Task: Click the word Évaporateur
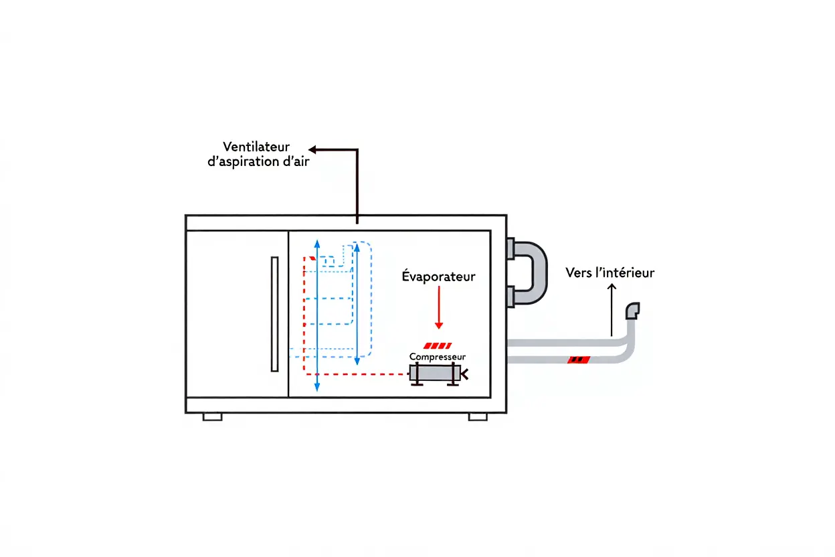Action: (x=438, y=276)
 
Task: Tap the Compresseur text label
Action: (x=438, y=357)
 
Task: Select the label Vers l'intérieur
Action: (x=610, y=272)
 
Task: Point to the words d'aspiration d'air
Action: (x=259, y=161)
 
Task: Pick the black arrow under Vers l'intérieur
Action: (x=611, y=308)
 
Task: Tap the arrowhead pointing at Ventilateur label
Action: (x=312, y=149)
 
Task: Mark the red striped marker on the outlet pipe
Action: (x=578, y=360)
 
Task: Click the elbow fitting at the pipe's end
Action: (x=632, y=311)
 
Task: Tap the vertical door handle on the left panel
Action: (x=274, y=313)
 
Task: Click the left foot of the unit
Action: (x=212, y=416)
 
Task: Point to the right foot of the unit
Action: (x=478, y=416)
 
